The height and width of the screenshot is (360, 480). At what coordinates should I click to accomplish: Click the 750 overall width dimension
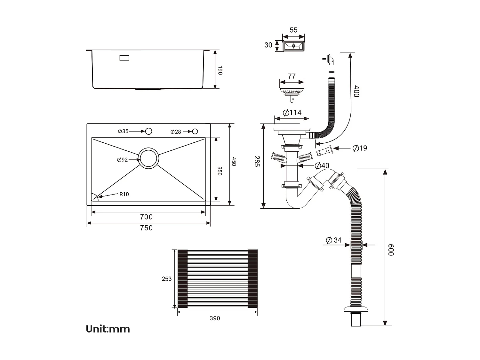tap(146, 228)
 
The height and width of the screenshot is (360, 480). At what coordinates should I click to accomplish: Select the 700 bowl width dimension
tap(146, 217)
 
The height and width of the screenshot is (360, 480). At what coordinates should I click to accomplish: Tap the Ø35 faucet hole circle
tap(148, 131)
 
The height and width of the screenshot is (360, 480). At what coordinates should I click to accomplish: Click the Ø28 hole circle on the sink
tap(195, 132)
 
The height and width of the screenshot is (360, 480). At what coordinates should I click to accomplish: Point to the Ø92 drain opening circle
tap(148, 158)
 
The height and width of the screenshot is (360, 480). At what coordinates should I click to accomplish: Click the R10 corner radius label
tap(124, 194)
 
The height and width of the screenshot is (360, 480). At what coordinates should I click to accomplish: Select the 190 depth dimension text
tap(220, 70)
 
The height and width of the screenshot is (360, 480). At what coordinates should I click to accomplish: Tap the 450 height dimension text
tap(234, 161)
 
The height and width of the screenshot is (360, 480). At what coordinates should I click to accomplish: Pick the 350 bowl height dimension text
tap(220, 171)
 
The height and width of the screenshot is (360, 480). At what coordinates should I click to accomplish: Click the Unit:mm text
tap(108, 329)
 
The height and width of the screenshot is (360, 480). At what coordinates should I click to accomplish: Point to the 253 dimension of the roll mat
tap(166, 279)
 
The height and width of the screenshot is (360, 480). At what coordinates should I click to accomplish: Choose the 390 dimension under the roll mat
tap(215, 318)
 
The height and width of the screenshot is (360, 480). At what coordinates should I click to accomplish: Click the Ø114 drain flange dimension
tap(292, 113)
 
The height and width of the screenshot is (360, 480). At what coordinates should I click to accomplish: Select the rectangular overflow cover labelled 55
tap(293, 46)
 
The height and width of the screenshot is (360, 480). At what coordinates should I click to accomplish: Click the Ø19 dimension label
tap(360, 148)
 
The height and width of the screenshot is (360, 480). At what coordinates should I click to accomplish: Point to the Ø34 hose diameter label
tap(333, 240)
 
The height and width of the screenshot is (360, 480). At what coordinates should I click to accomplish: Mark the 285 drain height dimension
tap(257, 161)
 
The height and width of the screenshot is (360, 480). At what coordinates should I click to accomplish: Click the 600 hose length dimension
tap(391, 250)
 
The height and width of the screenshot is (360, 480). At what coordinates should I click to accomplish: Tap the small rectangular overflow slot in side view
tap(124, 58)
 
